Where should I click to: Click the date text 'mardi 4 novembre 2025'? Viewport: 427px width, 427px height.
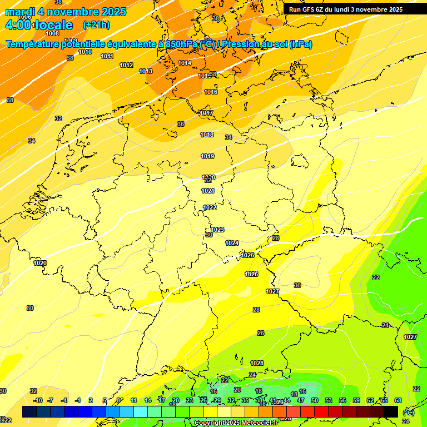66,12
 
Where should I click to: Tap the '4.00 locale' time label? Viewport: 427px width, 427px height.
38,25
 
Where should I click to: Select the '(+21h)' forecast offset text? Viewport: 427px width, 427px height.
96,25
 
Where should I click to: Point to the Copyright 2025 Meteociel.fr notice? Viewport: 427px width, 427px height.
236,423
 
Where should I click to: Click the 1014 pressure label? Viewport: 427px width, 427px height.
185,63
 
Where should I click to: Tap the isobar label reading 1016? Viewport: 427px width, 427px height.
211,92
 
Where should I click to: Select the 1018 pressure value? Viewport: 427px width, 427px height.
207,135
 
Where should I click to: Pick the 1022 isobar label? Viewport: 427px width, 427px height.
210,208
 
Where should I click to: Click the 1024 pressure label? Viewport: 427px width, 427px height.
232,244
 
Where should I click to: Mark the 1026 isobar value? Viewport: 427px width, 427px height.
251,275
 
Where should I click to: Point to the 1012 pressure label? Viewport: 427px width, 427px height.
126,66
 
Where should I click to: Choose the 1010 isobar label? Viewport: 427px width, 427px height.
85,52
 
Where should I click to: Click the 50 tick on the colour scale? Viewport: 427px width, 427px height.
315,400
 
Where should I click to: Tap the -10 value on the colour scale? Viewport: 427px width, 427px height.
38,400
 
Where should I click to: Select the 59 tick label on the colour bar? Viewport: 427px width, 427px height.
356,400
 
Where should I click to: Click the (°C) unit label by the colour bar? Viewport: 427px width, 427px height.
408,413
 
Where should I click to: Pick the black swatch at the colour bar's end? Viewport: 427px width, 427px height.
391,411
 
